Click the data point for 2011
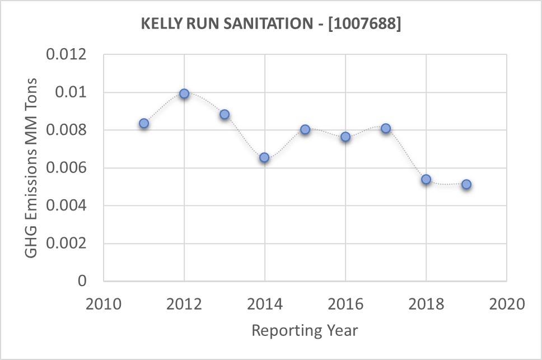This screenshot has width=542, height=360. [x=144, y=123]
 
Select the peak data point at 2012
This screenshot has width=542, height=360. [x=184, y=93]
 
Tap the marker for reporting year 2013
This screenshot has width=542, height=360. [x=225, y=114]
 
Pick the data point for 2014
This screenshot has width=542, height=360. [x=264, y=157]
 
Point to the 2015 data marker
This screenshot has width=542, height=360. [x=305, y=129]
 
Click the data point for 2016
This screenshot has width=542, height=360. [x=345, y=137]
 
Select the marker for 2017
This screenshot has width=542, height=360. [x=386, y=128]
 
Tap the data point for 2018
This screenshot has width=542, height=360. [x=426, y=179]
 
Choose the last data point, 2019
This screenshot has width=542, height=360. [x=466, y=184]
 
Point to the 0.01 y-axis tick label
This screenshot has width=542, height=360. [x=73, y=92]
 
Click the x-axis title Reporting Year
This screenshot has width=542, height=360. [x=305, y=330]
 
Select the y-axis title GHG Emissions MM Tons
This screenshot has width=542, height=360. [x=32, y=168]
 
